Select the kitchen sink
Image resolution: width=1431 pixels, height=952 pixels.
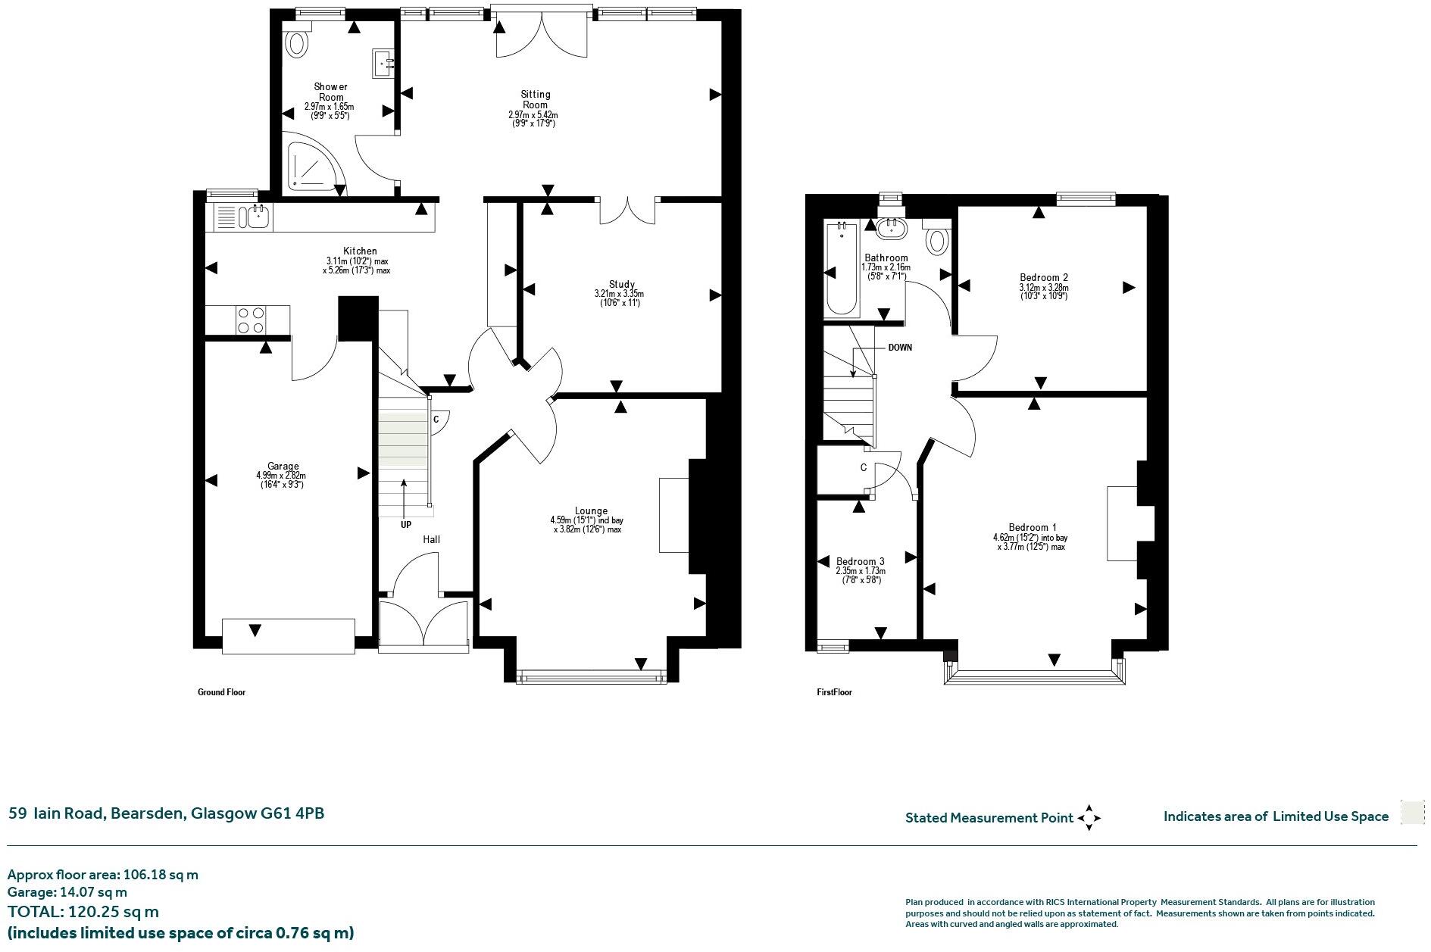pyautogui.click(x=255, y=217)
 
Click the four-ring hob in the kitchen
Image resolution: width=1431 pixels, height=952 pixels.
pyautogui.click(x=251, y=320)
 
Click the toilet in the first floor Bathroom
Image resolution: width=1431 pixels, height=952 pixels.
pyautogui.click(x=937, y=239)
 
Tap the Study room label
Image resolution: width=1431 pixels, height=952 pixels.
pyautogui.click(x=621, y=285)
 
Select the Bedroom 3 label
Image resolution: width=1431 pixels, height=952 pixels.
pyautogui.click(x=860, y=561)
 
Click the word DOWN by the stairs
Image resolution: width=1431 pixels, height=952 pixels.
pyautogui.click(x=900, y=348)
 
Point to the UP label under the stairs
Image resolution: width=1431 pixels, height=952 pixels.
pyautogui.click(x=406, y=524)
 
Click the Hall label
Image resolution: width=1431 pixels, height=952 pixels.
pyautogui.click(x=431, y=539)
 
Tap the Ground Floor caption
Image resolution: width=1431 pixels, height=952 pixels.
pyautogui.click(x=221, y=692)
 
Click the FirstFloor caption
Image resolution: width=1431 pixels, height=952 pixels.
pyautogui.click(x=834, y=692)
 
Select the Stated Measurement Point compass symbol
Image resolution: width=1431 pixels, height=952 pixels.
pyautogui.click(x=1089, y=817)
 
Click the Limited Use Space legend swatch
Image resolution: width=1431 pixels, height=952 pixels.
pyautogui.click(x=1411, y=812)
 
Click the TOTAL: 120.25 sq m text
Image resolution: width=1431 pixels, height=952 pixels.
pyautogui.click(x=83, y=911)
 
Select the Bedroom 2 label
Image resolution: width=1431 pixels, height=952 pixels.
pyautogui.click(x=1043, y=277)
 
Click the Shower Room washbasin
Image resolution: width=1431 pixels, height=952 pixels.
pyautogui.click(x=382, y=64)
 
